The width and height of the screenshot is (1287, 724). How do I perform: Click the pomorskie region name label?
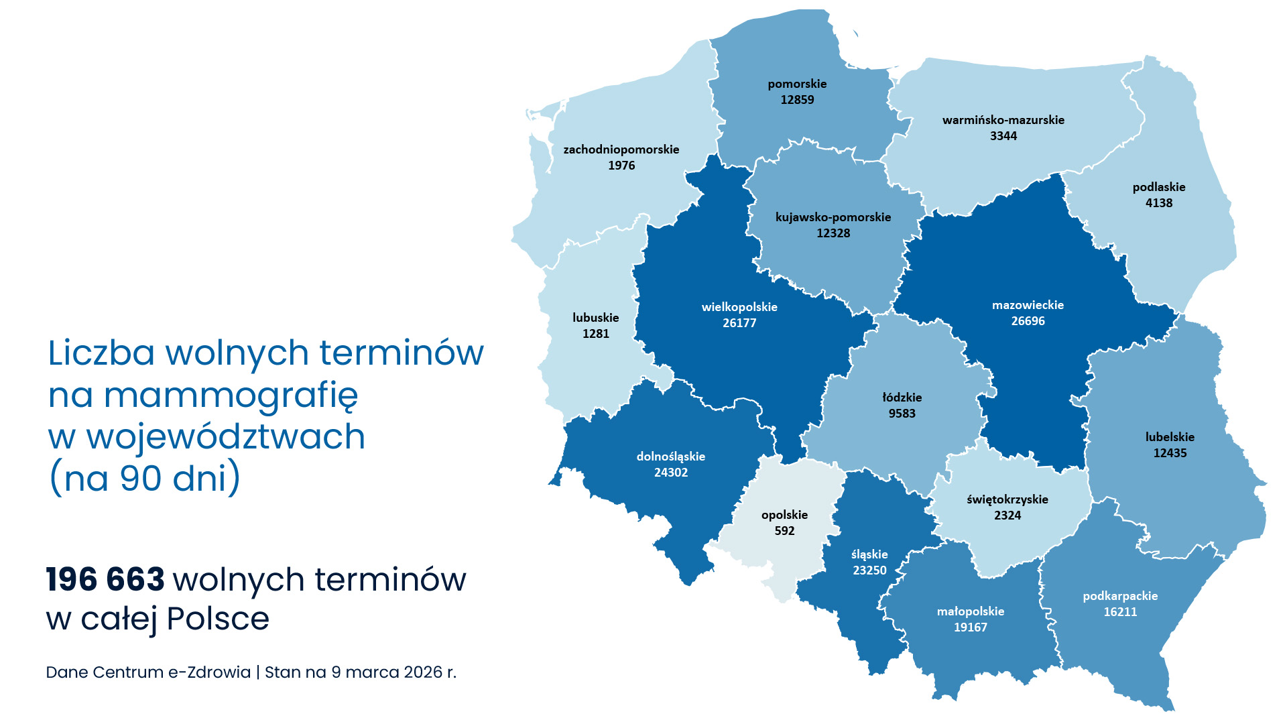coord(797,84)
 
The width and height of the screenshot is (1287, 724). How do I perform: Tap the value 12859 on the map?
coord(797,100)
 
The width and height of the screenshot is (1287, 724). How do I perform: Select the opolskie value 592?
coord(784,531)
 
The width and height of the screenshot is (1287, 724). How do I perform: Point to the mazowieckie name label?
coord(1028,305)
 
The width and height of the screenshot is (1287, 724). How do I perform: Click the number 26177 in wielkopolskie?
coord(739,323)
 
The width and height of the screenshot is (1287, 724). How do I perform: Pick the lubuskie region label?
coord(595,318)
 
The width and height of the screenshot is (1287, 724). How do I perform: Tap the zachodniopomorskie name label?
coord(621,149)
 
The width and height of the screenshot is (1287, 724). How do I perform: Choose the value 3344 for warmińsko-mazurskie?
coord(1003,136)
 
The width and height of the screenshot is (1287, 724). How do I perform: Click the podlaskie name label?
coord(1159,187)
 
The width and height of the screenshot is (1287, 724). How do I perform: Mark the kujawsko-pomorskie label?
coord(833,217)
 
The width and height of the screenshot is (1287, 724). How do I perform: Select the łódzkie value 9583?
coord(902,414)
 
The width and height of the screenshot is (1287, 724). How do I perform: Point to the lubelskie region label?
coord(1170,437)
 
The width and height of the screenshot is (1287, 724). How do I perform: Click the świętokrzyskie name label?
coord(1007,499)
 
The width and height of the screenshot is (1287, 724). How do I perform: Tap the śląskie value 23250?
coord(869,570)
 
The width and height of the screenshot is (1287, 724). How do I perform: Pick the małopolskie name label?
coord(971,611)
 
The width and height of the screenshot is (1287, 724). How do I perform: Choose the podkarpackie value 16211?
coord(1120,612)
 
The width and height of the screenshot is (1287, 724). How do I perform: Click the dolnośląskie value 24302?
coord(671,473)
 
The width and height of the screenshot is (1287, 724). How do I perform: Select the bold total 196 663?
coord(105,580)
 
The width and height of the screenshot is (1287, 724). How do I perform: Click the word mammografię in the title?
coord(231,396)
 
